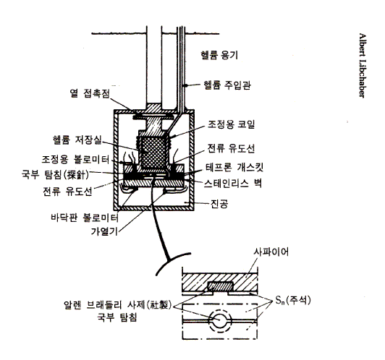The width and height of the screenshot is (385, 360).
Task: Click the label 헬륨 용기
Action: (x=219, y=55)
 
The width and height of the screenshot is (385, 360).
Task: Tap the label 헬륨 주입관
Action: (x=227, y=85)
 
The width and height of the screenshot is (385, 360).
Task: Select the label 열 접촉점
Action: (x=90, y=93)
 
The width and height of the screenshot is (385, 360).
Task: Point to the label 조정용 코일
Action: (x=231, y=124)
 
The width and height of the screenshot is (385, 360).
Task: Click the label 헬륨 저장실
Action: (x=77, y=140)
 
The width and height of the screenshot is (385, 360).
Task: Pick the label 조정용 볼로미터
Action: (x=75, y=160)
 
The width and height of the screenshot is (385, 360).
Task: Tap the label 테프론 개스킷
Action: (x=234, y=168)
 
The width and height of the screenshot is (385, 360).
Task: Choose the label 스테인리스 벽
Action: (x=233, y=183)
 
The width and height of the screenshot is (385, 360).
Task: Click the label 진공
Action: (x=219, y=203)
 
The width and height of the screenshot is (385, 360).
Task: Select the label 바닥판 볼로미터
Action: (x=85, y=218)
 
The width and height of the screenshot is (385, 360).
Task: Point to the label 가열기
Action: (x=104, y=231)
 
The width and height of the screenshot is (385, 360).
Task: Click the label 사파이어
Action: (x=271, y=252)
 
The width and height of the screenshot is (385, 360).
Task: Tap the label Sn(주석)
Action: (x=292, y=300)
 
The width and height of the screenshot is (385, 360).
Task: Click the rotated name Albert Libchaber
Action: (x=362, y=66)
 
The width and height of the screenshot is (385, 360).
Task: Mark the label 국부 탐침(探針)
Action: (x=56, y=175)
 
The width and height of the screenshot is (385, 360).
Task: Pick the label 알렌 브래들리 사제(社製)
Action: (x=117, y=305)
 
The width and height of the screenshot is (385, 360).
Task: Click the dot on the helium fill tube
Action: (x=186, y=85)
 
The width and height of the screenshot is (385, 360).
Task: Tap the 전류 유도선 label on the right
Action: (x=231, y=148)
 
